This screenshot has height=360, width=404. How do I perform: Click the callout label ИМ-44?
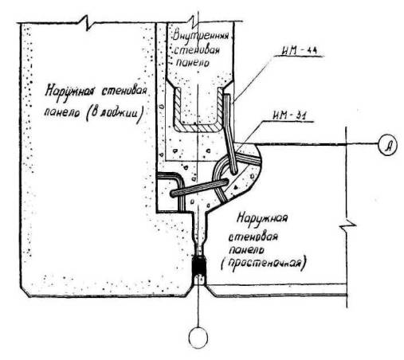coord(300,51)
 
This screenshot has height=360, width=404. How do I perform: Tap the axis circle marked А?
coord(388,145)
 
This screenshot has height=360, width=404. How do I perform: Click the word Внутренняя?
coord(201,36)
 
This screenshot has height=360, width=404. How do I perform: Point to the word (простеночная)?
coord(264,264)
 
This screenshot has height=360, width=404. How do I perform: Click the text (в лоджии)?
coord(115,114)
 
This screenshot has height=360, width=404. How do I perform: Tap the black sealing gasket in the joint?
coord(199,266)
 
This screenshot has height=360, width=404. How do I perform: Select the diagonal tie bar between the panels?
coord(200,188)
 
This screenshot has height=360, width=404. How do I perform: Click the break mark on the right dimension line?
coord(347,225)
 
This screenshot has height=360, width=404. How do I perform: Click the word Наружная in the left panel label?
coord(69,92)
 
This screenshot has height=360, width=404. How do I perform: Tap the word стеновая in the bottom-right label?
coord(253,237)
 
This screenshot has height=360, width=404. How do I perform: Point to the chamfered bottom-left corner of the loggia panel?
coord(25,292)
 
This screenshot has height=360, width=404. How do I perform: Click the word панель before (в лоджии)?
coord(61,113)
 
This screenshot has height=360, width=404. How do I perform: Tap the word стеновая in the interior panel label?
coord(197,49)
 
